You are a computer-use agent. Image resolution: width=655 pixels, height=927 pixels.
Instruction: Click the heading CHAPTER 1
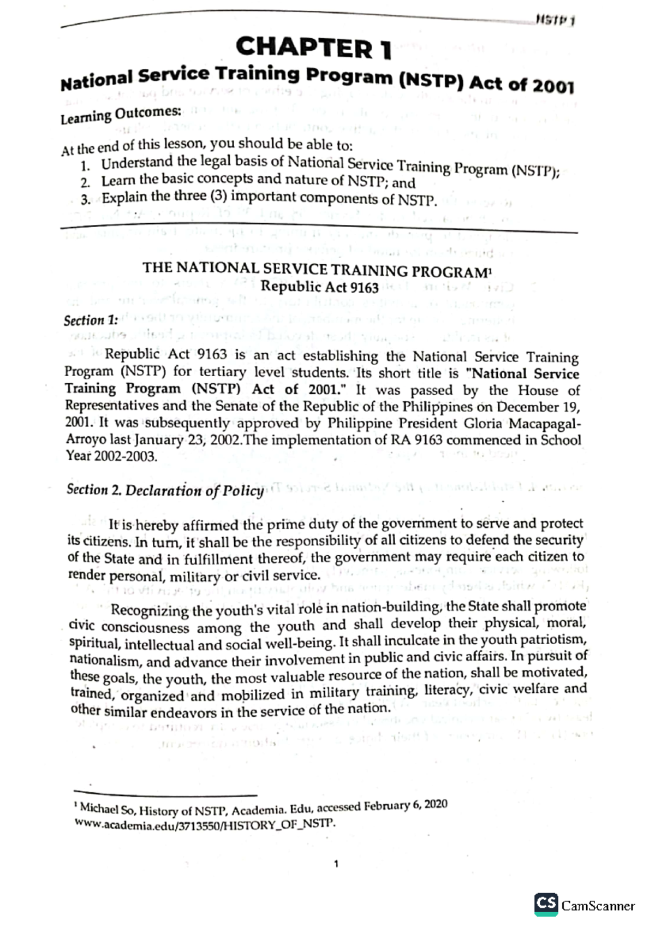(x=313, y=47)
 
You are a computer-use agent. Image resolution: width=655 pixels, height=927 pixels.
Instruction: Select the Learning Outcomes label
(x=120, y=115)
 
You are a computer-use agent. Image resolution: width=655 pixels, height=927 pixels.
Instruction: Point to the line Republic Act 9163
(x=319, y=287)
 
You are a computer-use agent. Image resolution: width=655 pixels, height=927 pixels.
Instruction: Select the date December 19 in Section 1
(x=536, y=407)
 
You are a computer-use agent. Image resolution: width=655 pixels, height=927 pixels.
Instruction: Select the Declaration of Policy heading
(x=194, y=490)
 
